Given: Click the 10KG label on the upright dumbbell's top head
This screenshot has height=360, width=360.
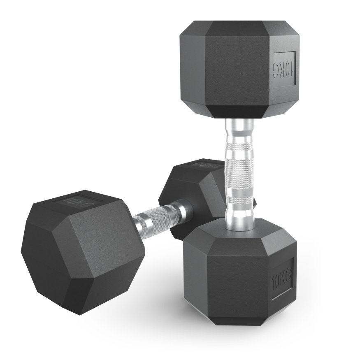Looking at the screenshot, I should (x=284, y=69).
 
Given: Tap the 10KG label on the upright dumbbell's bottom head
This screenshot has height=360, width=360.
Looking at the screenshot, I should (x=282, y=279).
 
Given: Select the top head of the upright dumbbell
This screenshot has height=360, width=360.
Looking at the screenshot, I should (x=239, y=68).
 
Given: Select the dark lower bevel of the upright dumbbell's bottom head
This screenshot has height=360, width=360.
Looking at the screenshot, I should (x=239, y=319).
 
